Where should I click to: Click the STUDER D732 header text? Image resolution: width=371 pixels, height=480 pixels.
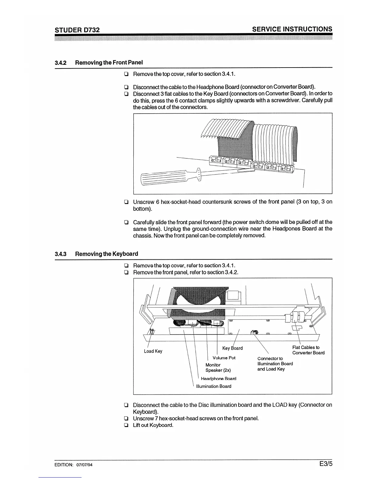(x=77, y=30)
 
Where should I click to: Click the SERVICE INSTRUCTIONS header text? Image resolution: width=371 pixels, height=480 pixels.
(x=292, y=29)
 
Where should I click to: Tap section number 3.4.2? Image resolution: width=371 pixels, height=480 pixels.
(x=61, y=63)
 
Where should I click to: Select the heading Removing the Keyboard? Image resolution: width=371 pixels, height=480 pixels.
(x=106, y=254)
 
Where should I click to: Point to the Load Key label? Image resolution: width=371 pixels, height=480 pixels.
(x=153, y=351)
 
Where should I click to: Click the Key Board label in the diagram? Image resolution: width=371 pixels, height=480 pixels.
(x=232, y=348)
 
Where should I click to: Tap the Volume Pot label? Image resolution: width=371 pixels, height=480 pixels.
(x=224, y=358)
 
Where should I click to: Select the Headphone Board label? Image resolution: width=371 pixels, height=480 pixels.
(x=219, y=378)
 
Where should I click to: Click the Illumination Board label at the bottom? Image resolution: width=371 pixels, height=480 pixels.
(x=214, y=386)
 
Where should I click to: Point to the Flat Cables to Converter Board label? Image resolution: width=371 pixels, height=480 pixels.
(x=308, y=350)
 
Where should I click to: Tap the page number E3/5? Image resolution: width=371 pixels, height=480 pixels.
(x=326, y=464)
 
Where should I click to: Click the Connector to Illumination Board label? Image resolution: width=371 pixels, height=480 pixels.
(x=275, y=364)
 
